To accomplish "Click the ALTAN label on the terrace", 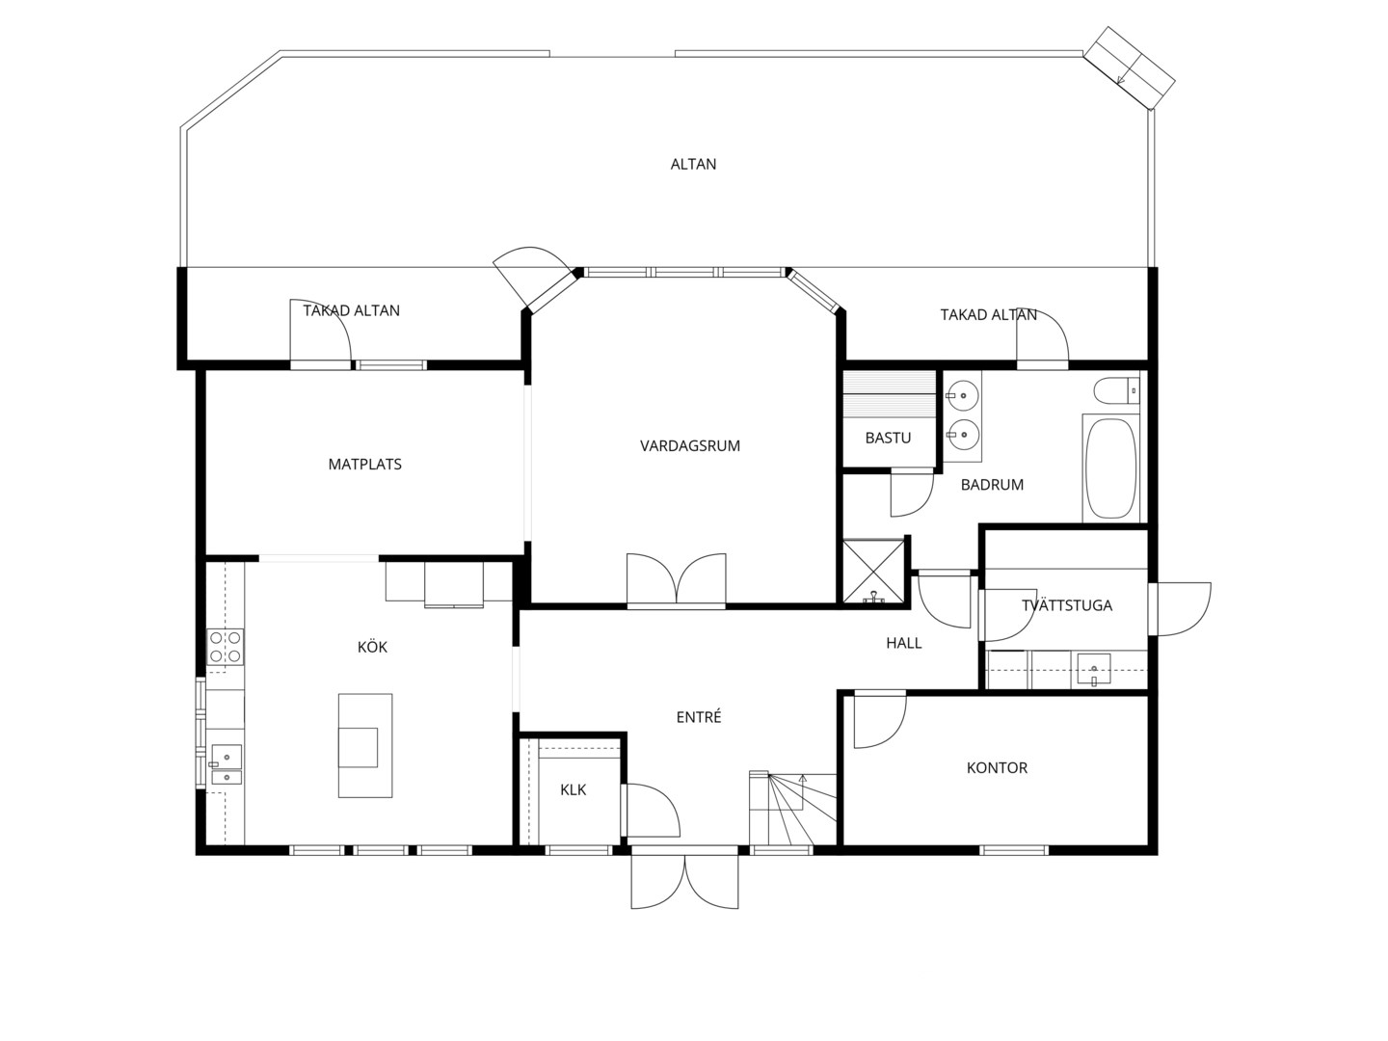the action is click(x=693, y=164).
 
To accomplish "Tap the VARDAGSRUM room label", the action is click(x=690, y=446).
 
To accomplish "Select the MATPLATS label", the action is click(x=365, y=465).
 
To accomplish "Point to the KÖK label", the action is click(x=372, y=647).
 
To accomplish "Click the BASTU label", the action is click(x=888, y=438).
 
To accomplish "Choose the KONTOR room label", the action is click(x=998, y=768).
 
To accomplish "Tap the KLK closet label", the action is click(x=574, y=790).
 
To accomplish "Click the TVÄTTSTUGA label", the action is click(x=1067, y=605).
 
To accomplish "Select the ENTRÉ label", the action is click(x=699, y=717).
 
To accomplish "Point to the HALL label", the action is click(x=903, y=644).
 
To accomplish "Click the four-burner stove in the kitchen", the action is click(x=226, y=647).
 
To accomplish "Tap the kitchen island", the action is click(x=365, y=746).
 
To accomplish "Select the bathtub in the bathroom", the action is click(x=1111, y=468).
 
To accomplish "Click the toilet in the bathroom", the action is click(x=1117, y=390).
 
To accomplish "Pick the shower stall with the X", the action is click(x=873, y=572).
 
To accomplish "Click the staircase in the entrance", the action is click(x=793, y=809).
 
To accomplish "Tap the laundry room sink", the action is click(x=1094, y=669).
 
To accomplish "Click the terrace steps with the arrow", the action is click(x=1130, y=67).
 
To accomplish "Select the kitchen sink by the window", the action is click(x=226, y=764).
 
